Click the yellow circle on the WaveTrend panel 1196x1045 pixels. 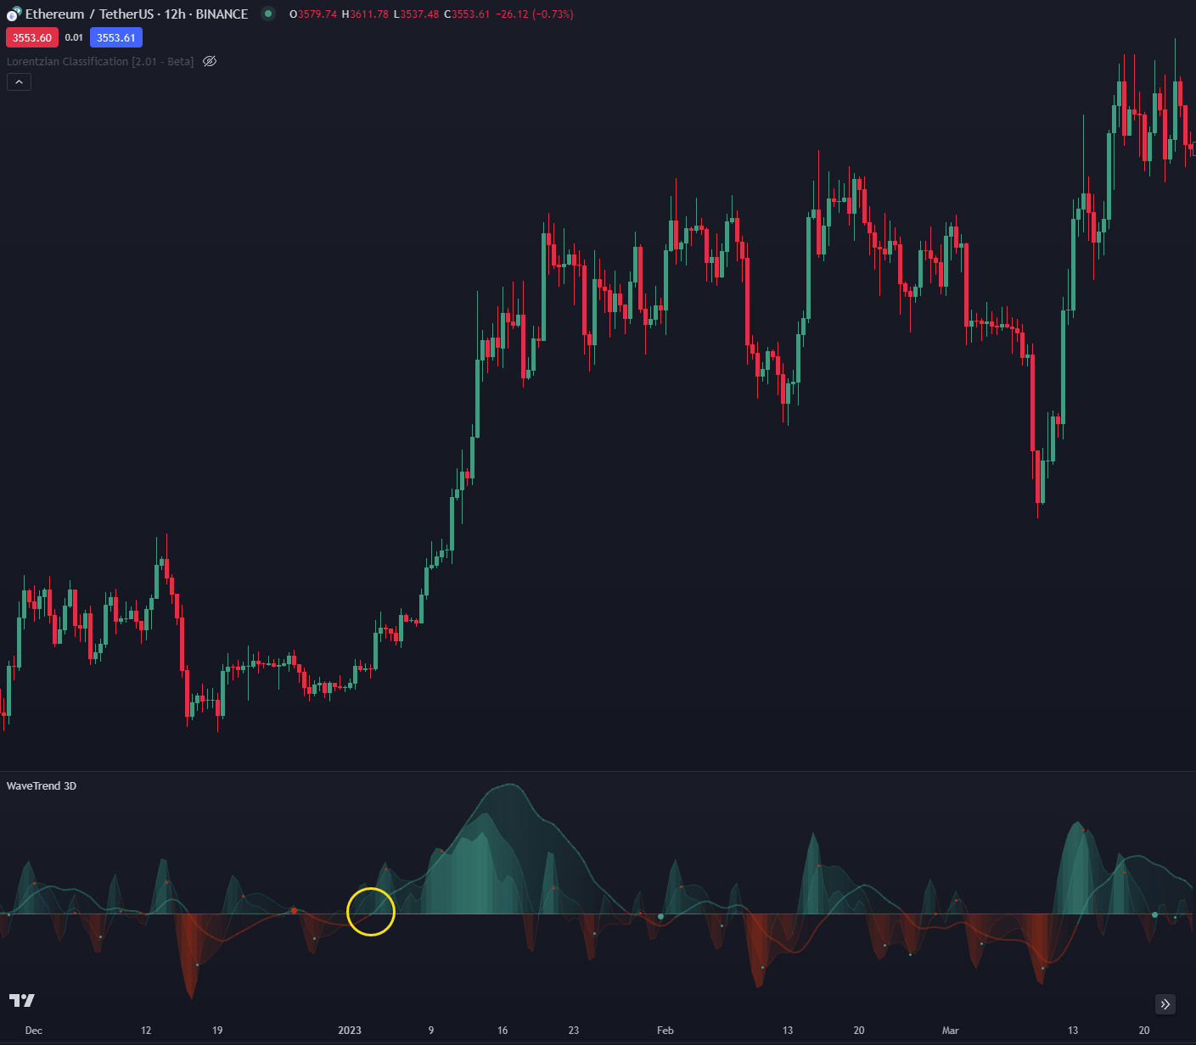pyautogui.click(x=371, y=911)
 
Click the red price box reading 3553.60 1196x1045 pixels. pyautogui.click(x=32, y=37)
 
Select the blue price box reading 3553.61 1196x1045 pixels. pyautogui.click(x=116, y=37)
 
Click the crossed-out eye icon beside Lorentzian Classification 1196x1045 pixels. pyautogui.click(x=210, y=61)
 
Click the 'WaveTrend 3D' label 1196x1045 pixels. pyautogui.click(x=42, y=785)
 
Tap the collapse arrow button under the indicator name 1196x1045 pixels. pyautogui.click(x=19, y=82)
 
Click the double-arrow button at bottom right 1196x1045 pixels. pyautogui.click(x=1165, y=1004)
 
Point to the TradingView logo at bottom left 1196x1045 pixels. pyautogui.click(x=22, y=1001)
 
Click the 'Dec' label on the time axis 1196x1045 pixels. pyautogui.click(x=34, y=1031)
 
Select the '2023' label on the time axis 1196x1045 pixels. pyautogui.click(x=350, y=1031)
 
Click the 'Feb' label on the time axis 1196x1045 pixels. pyautogui.click(x=665, y=1031)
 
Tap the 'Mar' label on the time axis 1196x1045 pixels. pyautogui.click(x=950, y=1031)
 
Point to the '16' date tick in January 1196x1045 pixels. pyautogui.click(x=503, y=1031)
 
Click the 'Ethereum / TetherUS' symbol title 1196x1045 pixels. pyautogui.click(x=90, y=14)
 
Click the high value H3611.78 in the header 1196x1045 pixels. pyautogui.click(x=365, y=14)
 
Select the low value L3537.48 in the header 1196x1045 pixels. pyautogui.click(x=416, y=14)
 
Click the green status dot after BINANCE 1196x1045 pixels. pyautogui.click(x=268, y=14)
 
